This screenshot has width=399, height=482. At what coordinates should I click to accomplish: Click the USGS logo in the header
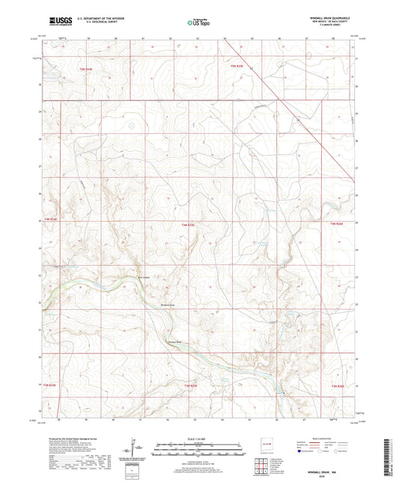[x=61, y=22]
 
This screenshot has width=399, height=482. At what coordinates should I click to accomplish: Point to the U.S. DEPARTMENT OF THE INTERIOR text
[x=103, y=18]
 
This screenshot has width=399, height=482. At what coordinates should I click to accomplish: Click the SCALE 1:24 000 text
[x=198, y=438]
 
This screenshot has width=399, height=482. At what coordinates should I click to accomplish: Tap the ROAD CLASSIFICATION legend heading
[x=317, y=438]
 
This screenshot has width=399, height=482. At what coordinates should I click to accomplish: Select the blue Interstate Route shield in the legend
[x=302, y=451]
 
